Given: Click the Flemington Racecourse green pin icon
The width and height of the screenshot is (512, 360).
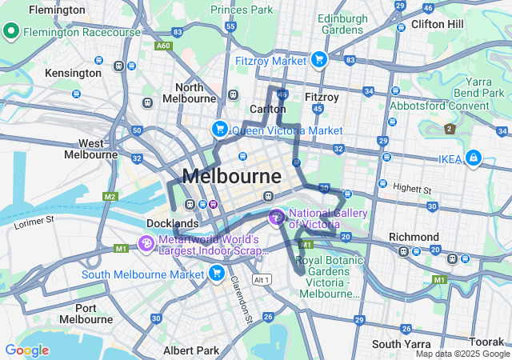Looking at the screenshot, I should click(x=12, y=32).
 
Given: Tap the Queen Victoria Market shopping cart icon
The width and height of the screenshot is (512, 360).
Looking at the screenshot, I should click(x=219, y=129).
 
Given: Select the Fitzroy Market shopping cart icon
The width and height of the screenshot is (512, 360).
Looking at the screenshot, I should click(x=319, y=59).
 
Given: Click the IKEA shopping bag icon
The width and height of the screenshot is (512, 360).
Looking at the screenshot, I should click(x=474, y=158).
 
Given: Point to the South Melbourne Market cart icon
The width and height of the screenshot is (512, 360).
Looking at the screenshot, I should click(x=216, y=274).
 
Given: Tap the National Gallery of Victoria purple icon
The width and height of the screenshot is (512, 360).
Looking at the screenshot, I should click(x=277, y=216).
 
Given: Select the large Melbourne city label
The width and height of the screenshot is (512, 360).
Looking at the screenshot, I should click(x=232, y=175).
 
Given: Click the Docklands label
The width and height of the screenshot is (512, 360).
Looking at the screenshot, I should click(x=172, y=223).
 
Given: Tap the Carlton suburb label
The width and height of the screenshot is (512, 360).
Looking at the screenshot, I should click(x=268, y=109).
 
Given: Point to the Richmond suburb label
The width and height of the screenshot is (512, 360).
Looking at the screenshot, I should click(x=414, y=237).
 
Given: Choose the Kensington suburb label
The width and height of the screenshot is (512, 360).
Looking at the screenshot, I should click(x=73, y=73).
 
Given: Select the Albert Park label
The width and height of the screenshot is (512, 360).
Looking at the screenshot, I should click(x=190, y=350).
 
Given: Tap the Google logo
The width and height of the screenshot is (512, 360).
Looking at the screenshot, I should click(x=26, y=350).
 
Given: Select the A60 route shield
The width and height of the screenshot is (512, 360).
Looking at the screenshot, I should click(x=163, y=46).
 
